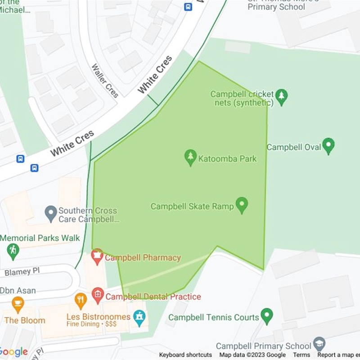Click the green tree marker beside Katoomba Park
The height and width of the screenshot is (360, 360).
tap(191, 157)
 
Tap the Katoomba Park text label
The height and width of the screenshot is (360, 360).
tap(228, 158)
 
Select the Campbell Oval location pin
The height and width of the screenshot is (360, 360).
tap(329, 146)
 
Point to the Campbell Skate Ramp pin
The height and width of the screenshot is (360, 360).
tap(242, 205)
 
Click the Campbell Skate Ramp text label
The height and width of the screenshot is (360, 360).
tap(192, 207)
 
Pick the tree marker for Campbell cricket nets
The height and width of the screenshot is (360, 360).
tap(282, 97)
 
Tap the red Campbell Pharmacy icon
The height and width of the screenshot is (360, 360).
tap(97, 256)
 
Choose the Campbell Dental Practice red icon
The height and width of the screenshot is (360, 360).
tap(98, 296)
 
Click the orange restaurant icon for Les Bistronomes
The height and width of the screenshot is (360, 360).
tap(81, 301)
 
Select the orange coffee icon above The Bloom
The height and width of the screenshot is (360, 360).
tap(18, 305)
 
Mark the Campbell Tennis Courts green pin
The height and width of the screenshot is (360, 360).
tap(267, 316)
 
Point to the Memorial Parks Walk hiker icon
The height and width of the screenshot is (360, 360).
tap(13, 251)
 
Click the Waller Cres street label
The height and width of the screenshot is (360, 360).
tap(105, 81)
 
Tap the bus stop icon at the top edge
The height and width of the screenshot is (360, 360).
tap(188, 7)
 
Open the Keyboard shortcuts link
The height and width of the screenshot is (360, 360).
tap(185, 355)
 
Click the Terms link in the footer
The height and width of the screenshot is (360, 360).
tap(301, 355)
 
